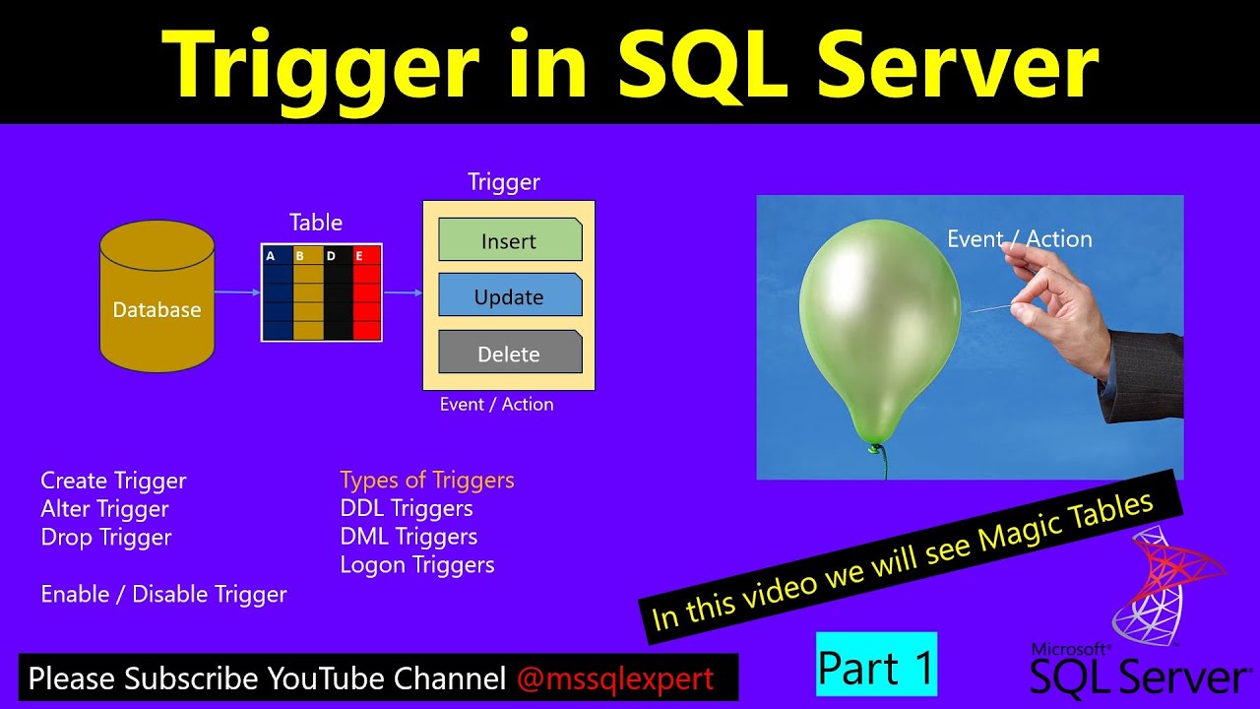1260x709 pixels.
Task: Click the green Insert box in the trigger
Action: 510,240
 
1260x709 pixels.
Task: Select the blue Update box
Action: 510,296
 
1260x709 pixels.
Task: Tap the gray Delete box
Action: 510,354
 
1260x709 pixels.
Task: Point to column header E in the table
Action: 360,256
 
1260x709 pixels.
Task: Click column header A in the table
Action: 272,256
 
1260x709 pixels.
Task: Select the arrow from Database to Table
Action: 237,291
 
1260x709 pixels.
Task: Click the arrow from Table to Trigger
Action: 403,292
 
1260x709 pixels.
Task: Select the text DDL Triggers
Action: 407,509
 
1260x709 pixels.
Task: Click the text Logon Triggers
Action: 417,565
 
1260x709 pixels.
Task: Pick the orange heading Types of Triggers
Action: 427,481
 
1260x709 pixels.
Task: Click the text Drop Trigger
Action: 106,538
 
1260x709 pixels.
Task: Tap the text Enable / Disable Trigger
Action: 163,595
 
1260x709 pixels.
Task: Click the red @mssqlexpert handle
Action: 614,678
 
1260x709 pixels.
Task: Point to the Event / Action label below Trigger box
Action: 496,405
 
